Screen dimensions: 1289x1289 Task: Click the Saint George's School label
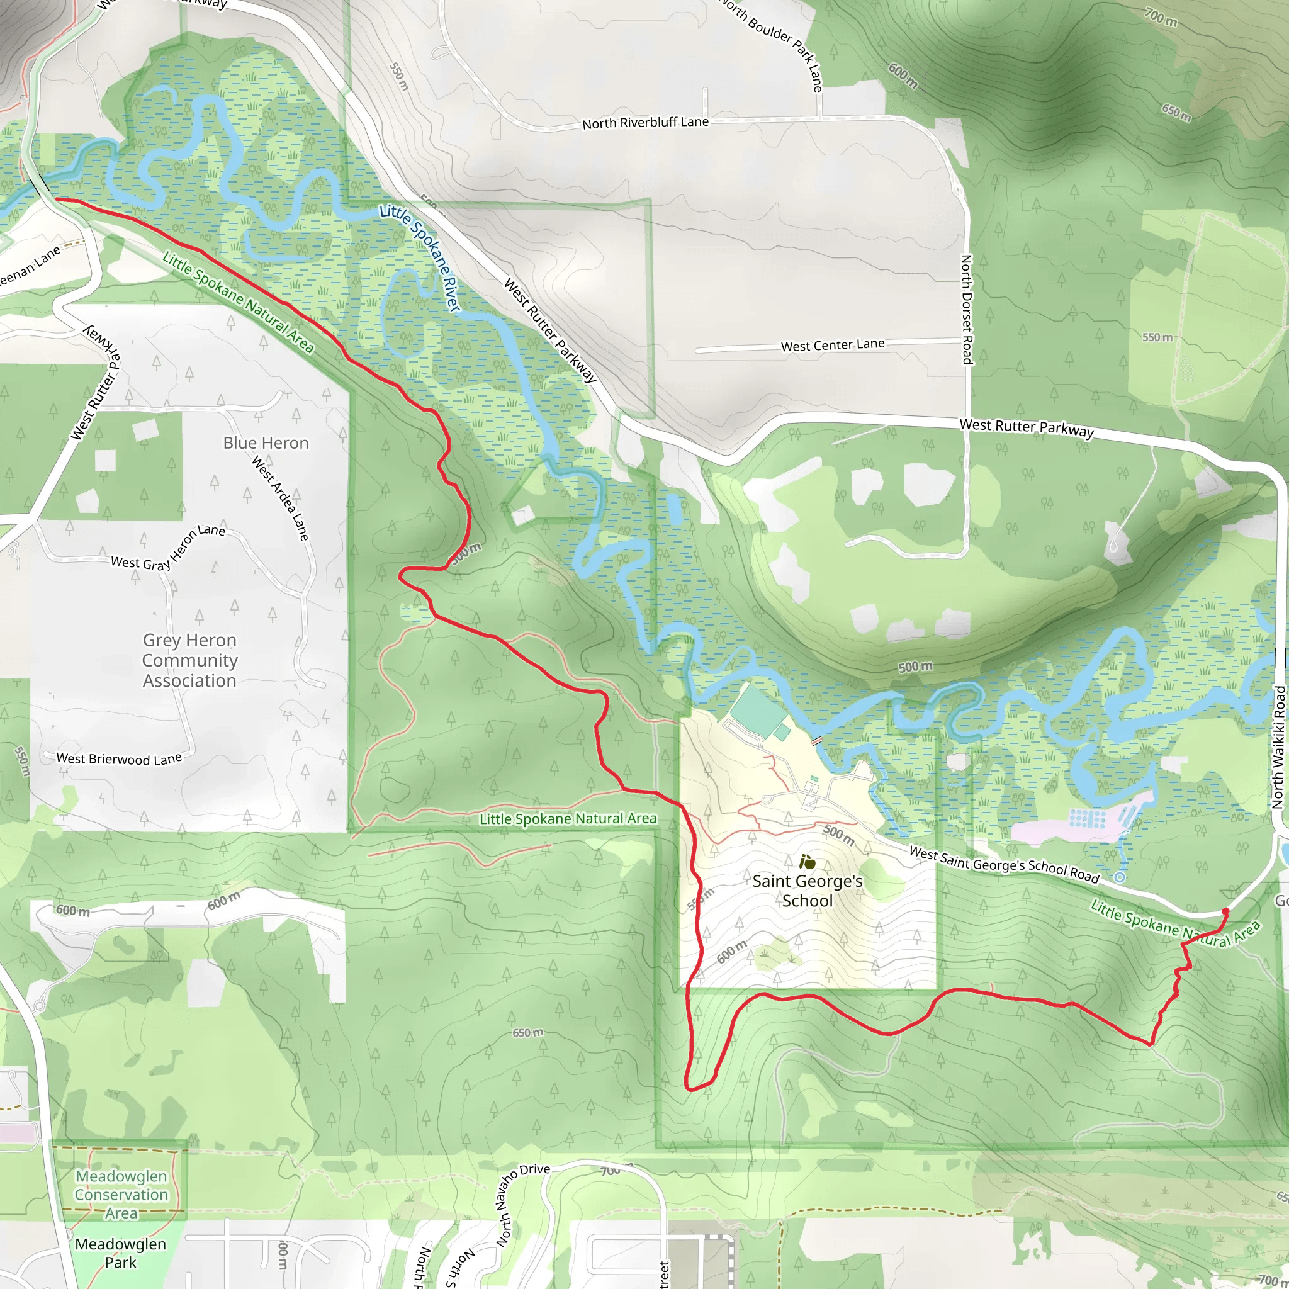pyautogui.click(x=808, y=891)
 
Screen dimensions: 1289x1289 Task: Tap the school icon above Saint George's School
pyautogui.click(x=808, y=862)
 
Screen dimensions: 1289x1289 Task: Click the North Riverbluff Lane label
pyautogui.click(x=645, y=123)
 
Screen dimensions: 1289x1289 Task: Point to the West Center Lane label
pyautogui.click(x=833, y=345)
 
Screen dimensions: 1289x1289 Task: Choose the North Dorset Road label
pyautogui.click(x=966, y=309)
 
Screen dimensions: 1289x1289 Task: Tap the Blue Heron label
pyautogui.click(x=266, y=443)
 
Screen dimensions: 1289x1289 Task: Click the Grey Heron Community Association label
pyautogui.click(x=189, y=660)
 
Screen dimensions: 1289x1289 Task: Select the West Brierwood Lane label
pyautogui.click(x=119, y=758)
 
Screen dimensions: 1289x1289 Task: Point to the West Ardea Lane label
pyautogui.click(x=280, y=498)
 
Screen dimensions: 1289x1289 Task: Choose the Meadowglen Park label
pyautogui.click(x=120, y=1253)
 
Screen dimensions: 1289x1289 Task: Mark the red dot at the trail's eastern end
pyautogui.click(x=1225, y=911)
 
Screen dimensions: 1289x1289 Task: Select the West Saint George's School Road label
pyautogui.click(x=1004, y=864)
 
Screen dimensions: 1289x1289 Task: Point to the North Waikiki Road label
pyautogui.click(x=1278, y=746)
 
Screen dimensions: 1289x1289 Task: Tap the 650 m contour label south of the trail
pyautogui.click(x=527, y=1033)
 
